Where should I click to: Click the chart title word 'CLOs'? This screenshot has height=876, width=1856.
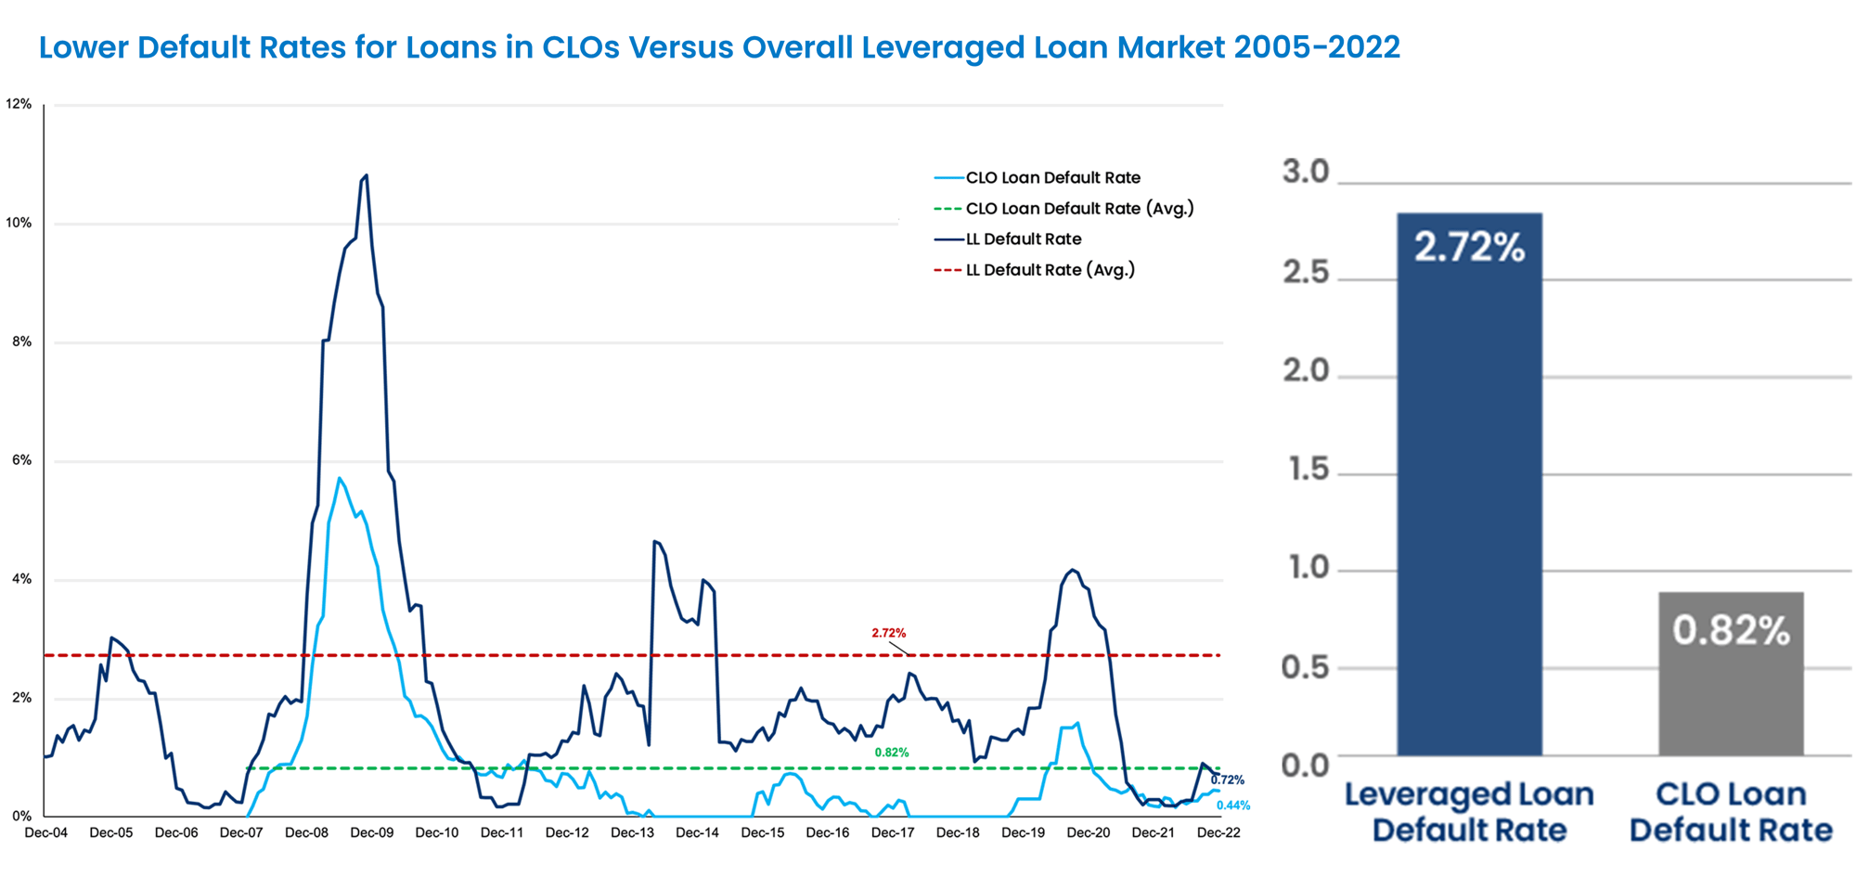[x=581, y=47]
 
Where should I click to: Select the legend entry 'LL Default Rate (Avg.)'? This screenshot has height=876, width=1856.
[x=1050, y=270]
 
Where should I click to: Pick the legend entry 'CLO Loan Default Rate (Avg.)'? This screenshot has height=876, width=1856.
[x=1079, y=209]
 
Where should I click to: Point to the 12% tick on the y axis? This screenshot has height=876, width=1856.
[x=19, y=104]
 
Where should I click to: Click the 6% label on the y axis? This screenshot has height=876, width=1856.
[x=21, y=460]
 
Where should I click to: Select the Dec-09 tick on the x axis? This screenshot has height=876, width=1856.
[x=371, y=833]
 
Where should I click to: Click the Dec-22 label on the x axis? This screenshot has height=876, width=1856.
[x=1218, y=833]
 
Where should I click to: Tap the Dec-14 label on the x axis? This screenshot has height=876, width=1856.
[x=697, y=833]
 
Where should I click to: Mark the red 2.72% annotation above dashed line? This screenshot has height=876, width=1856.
[x=888, y=633]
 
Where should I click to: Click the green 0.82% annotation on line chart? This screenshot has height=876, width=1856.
[x=892, y=753]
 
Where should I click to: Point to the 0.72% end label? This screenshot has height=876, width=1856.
[x=1227, y=780]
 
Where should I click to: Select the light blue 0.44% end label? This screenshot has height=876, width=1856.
[x=1232, y=805]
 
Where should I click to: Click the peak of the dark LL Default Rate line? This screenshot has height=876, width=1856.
[x=366, y=175]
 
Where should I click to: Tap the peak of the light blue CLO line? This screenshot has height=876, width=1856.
[x=340, y=478]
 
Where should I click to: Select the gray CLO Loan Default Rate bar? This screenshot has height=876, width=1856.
[x=1731, y=687]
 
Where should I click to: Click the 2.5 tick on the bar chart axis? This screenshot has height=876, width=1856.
[x=1306, y=273]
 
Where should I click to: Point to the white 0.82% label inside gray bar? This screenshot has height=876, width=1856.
[x=1731, y=631]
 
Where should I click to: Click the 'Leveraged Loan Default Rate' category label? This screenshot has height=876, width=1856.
[x=1469, y=812]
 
